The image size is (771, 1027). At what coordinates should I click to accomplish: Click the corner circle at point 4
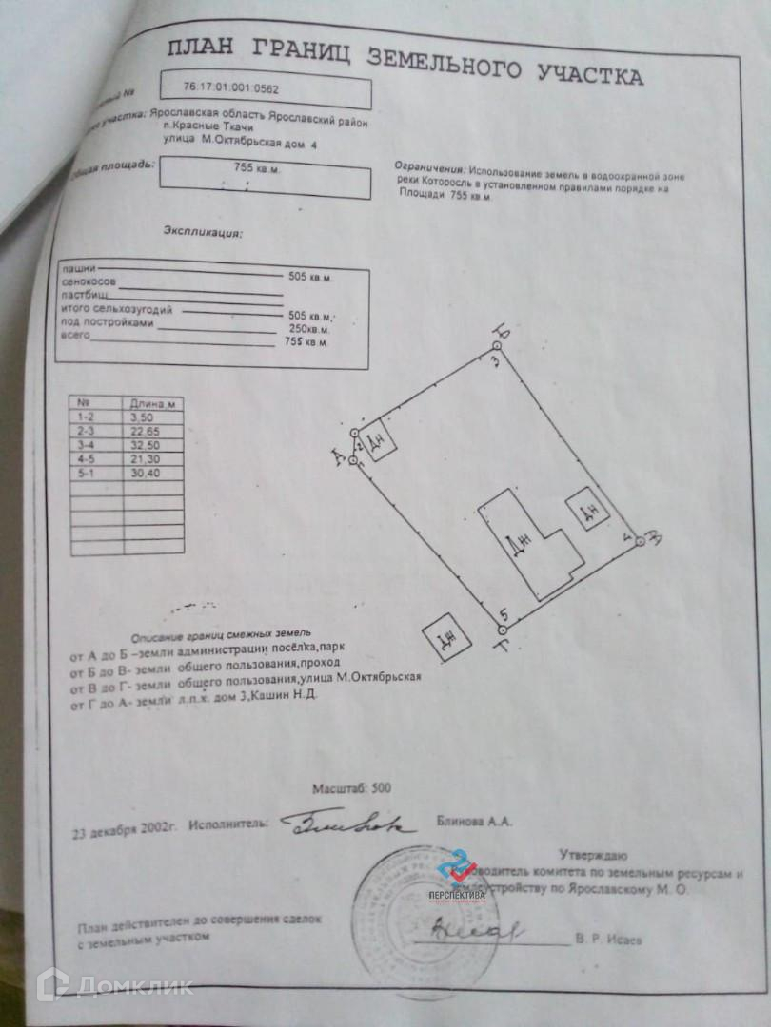click(640, 540)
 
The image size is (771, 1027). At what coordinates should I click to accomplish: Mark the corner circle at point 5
click(503, 628)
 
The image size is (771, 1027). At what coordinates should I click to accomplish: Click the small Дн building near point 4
click(585, 511)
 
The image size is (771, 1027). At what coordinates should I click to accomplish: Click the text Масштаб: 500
click(351, 789)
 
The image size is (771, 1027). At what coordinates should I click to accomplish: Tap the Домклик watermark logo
click(114, 984)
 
